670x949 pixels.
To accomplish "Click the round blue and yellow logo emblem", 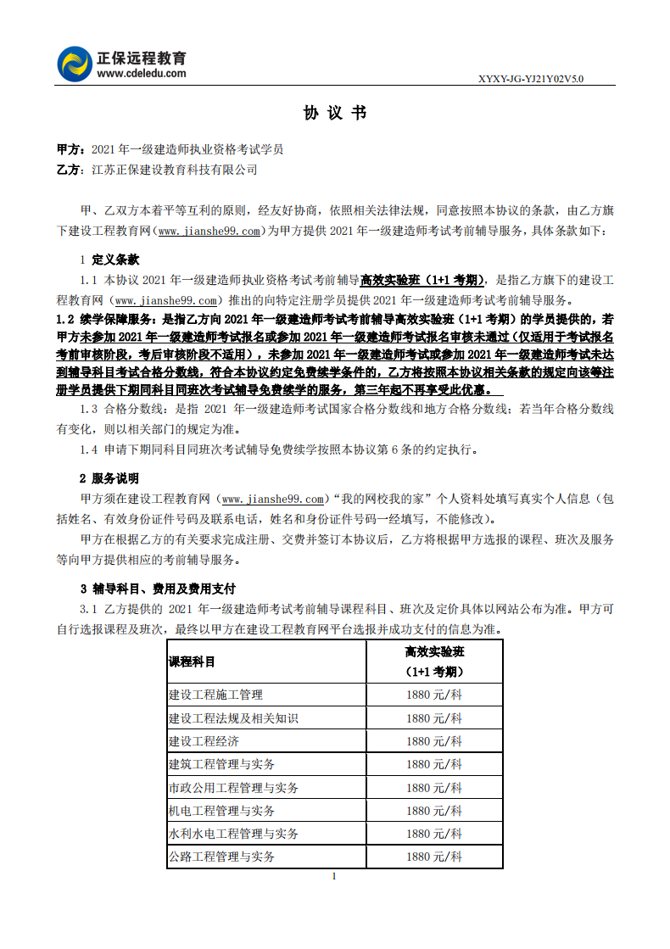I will pos(75,64).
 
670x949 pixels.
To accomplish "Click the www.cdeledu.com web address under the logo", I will pos(142,74).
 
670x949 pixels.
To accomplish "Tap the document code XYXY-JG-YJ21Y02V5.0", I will pos(531,79).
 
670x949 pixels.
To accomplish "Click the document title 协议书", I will pos(335,114).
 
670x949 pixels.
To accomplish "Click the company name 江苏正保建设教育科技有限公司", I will pos(174,170).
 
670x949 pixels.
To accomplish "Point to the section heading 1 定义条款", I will pos(109,260).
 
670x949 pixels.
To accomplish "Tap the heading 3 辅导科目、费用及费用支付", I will pos(158,589).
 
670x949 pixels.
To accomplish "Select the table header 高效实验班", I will pos(434,652).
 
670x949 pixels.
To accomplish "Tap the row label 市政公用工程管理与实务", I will pos(233,788).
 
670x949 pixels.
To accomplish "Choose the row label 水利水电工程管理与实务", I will pos(233,835).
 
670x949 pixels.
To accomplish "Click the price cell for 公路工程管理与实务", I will pos(434,857).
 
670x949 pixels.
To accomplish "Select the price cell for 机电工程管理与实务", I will pos(434,812).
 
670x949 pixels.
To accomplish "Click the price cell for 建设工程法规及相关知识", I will pos(434,718).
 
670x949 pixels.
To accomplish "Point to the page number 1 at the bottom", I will pos(335,876).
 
